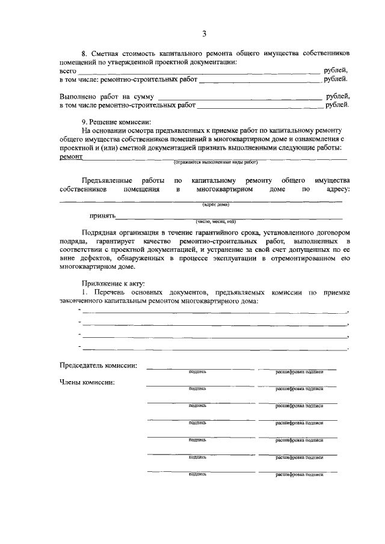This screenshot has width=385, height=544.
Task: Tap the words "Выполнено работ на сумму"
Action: click(x=106, y=96)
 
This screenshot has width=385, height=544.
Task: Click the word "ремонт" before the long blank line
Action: click(x=71, y=156)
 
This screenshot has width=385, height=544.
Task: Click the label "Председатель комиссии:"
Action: click(x=98, y=365)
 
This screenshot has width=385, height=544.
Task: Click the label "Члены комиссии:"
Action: click(x=87, y=382)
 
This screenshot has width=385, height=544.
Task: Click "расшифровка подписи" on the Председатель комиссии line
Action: click(x=299, y=371)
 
